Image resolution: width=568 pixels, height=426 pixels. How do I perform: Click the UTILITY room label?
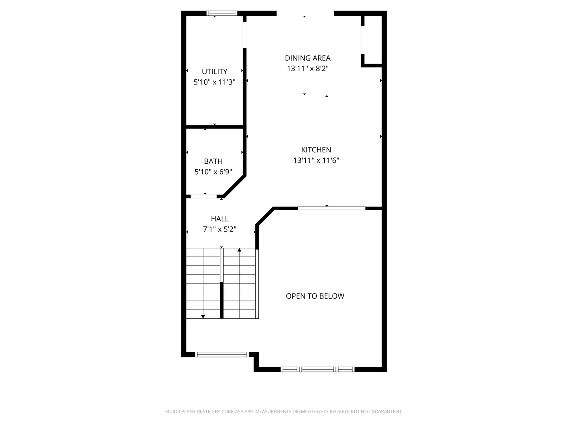point(215,71)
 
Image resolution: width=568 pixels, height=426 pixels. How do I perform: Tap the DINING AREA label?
point(308,58)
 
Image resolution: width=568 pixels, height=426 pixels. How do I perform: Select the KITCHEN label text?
point(316,150)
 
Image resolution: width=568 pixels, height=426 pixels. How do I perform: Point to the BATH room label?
point(213,161)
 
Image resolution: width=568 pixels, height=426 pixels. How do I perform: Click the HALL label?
point(220,219)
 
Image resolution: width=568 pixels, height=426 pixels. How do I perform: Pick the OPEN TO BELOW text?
point(315,296)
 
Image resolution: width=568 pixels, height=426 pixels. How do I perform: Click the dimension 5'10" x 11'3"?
point(215,82)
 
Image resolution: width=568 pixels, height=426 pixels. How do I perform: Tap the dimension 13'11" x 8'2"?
point(308,69)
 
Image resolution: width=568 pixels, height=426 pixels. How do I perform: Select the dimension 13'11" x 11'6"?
point(316,161)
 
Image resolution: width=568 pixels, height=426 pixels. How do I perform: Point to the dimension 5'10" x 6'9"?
point(213,172)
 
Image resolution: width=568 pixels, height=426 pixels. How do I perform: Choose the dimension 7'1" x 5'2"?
point(220,229)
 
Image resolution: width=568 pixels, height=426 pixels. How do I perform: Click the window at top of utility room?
point(222,13)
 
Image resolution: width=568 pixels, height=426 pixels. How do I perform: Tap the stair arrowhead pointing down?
point(203,317)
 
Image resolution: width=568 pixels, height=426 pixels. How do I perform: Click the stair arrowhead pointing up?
point(239,250)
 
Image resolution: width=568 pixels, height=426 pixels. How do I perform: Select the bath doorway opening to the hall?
point(204,196)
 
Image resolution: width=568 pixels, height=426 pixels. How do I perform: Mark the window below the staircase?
point(222,354)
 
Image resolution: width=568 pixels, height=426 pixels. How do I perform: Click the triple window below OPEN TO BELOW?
point(318,369)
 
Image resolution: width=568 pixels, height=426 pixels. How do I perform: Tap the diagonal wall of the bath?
point(235,187)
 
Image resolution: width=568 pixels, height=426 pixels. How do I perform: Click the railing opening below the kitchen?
point(331,208)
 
